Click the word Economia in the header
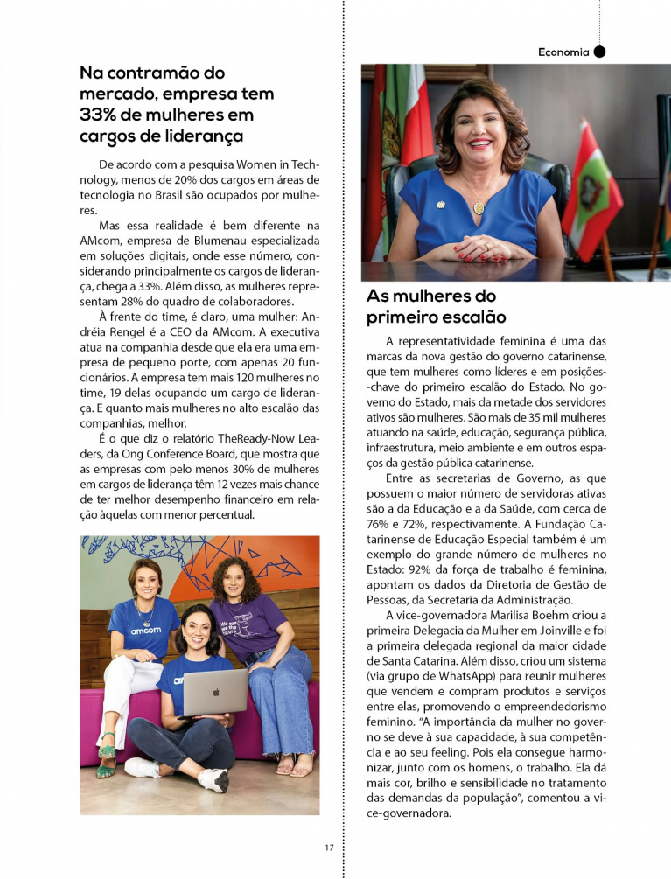(x=563, y=52)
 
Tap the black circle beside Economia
(x=600, y=52)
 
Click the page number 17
(x=328, y=848)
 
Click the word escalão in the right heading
(x=472, y=317)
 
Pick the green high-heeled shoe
(x=108, y=753)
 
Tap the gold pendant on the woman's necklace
(x=478, y=207)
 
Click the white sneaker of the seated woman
(x=213, y=778)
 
